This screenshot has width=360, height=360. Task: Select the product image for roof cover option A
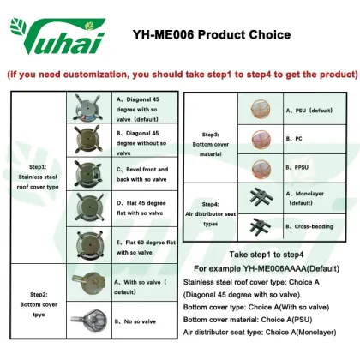click(x=90, y=106)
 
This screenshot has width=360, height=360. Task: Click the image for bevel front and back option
click(x=90, y=173)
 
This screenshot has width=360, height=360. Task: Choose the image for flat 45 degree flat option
click(x=90, y=208)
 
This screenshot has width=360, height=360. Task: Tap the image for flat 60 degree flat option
click(x=90, y=244)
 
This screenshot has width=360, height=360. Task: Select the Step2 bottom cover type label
click(x=37, y=300)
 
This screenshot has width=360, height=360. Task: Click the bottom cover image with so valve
click(x=90, y=282)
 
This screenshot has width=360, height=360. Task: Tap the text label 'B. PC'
click(x=296, y=138)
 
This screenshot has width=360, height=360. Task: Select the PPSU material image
click(x=256, y=168)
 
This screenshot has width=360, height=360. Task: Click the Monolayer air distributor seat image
click(x=256, y=198)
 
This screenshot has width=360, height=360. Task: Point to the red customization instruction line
click(x=180, y=75)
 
